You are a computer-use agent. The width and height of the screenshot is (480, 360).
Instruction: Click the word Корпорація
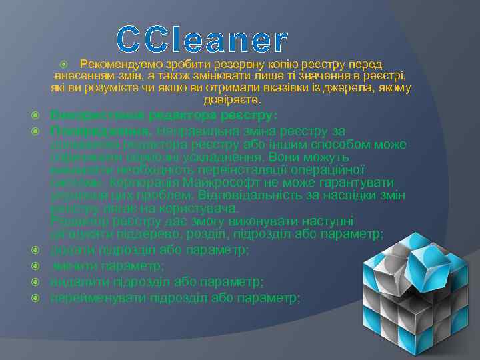[139, 182]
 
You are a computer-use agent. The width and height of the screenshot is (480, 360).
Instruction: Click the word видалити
[78, 281]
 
